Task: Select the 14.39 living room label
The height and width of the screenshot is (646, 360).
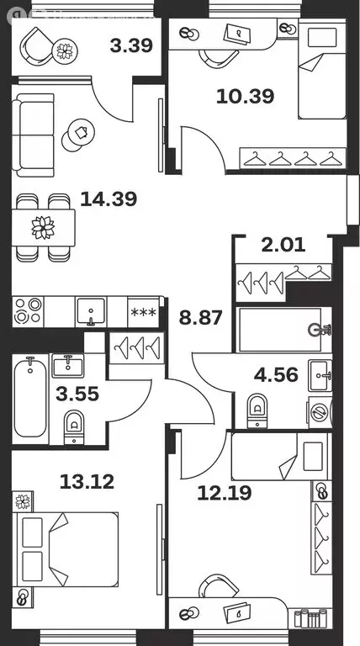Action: tap(109, 199)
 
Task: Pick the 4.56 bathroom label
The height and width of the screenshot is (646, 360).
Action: tap(277, 375)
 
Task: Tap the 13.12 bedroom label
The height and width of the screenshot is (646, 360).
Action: tap(87, 482)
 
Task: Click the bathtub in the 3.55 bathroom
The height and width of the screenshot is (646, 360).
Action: tap(29, 395)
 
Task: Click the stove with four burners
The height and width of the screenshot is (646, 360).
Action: tap(28, 311)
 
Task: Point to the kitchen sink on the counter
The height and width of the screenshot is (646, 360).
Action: tap(90, 311)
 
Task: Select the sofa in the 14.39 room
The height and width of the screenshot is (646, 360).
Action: tap(37, 133)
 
